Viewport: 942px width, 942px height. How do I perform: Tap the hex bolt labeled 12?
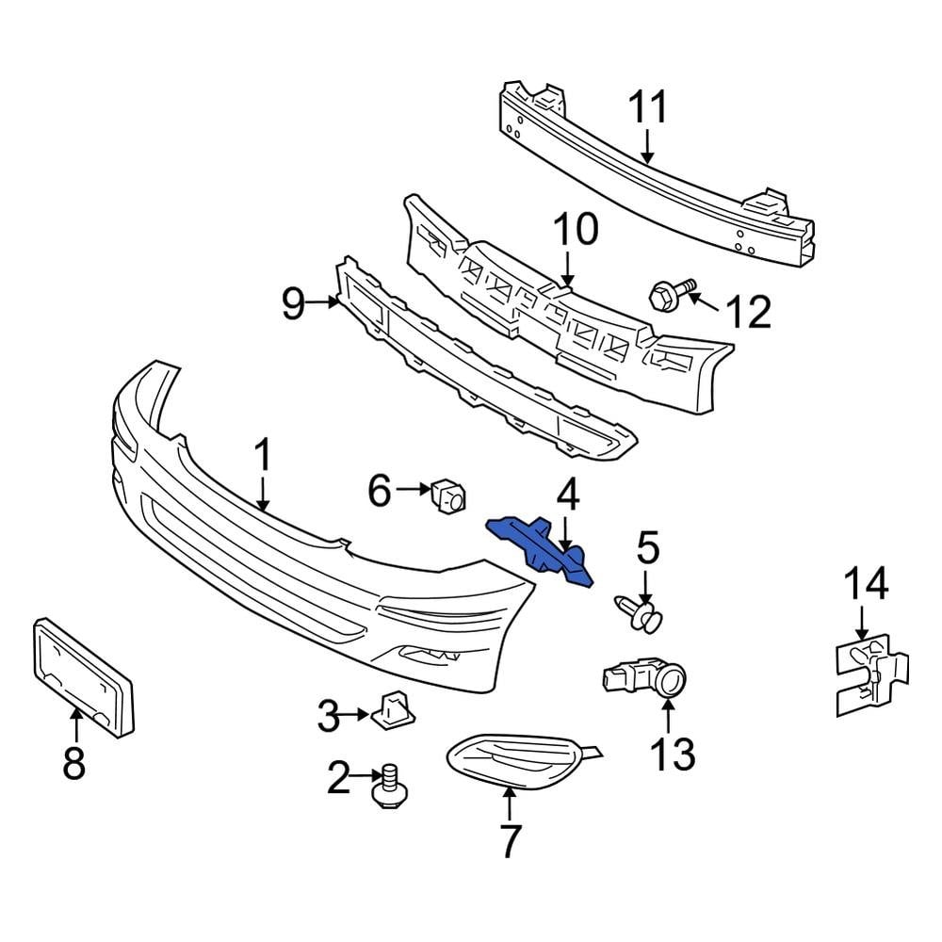[666, 296]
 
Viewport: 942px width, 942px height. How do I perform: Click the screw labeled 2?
[387, 788]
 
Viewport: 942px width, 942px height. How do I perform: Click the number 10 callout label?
[574, 231]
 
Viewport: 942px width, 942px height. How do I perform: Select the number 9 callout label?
[294, 304]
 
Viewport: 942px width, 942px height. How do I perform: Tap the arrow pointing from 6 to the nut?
[412, 489]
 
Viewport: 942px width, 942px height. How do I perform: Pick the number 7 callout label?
[509, 841]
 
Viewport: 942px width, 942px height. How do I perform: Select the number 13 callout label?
[672, 755]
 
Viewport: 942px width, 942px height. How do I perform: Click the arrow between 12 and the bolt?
[704, 303]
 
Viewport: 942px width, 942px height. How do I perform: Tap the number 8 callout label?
[73, 762]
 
